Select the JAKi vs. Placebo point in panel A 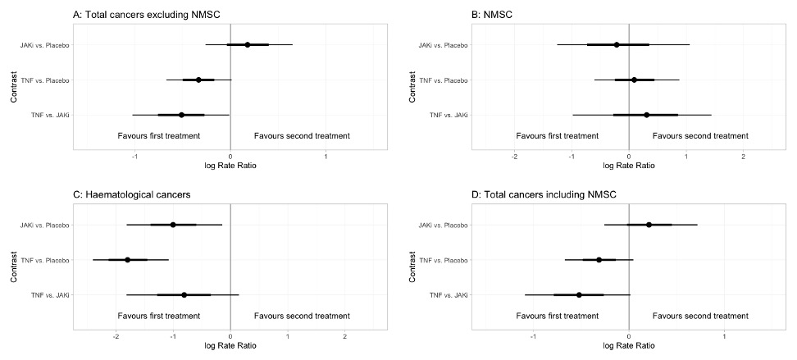coord(248,44)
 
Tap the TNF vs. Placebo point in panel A coord(198,80)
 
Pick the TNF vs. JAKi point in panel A coord(181,115)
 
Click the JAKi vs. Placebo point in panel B coord(617,44)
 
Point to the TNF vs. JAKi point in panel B coord(646,115)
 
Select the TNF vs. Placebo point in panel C coord(127,260)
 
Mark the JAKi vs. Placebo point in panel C coord(173,225)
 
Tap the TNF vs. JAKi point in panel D coord(579,295)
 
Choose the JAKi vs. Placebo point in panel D coord(649,225)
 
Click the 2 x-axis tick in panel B coord(743,155)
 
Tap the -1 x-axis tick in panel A coord(135,155)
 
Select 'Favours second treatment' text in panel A coord(302,136)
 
